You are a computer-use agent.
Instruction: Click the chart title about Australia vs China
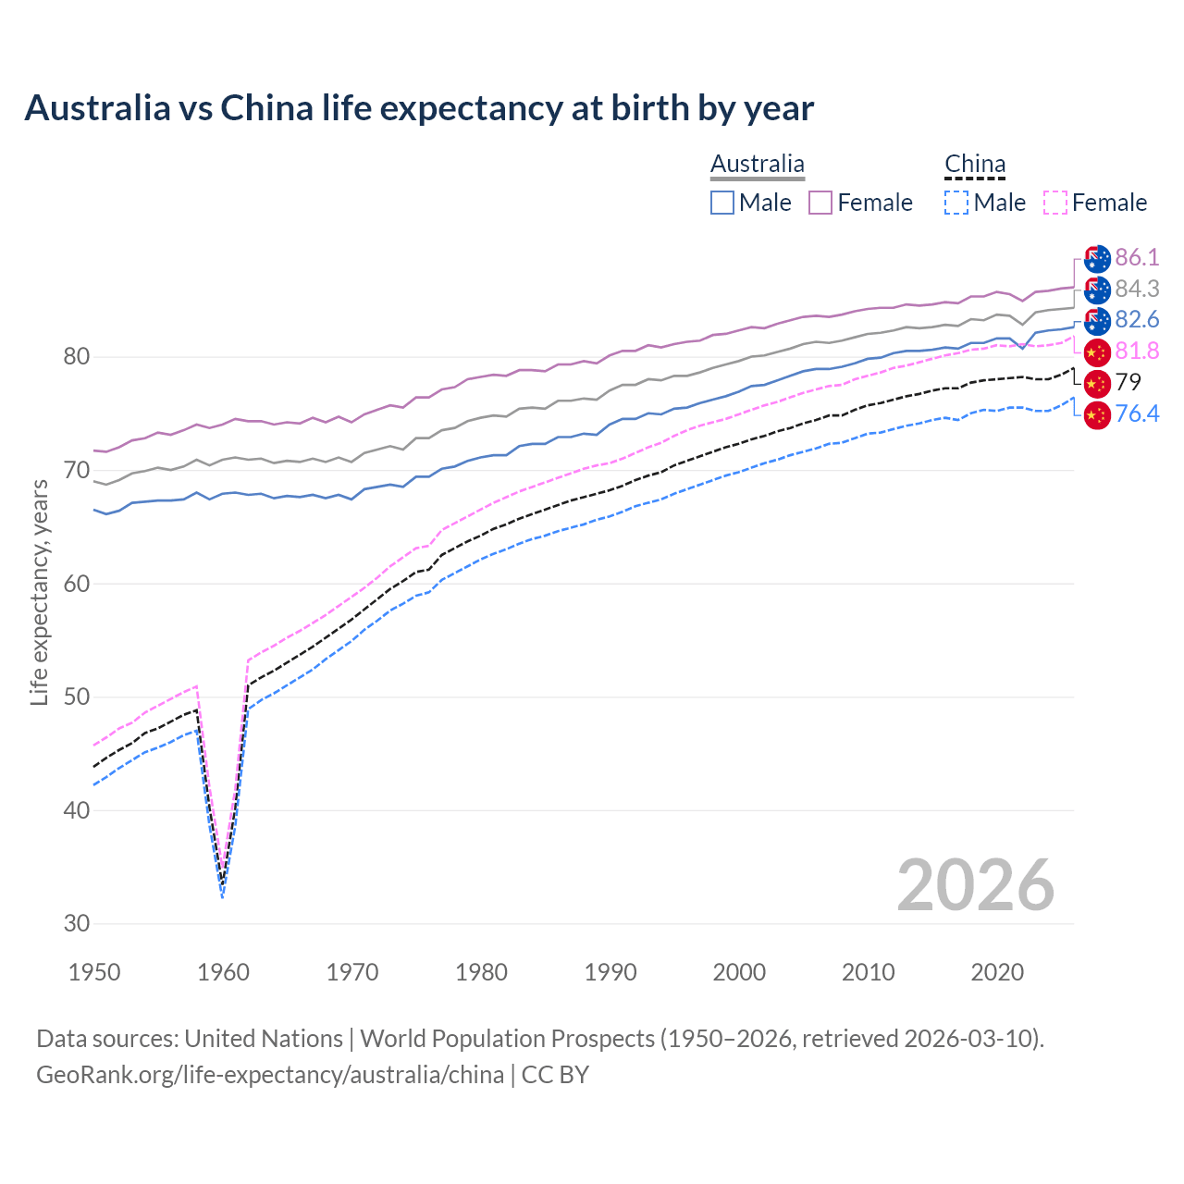point(419,108)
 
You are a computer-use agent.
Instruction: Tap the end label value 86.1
point(1137,257)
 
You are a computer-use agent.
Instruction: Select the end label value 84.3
point(1137,289)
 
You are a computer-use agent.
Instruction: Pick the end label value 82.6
point(1137,319)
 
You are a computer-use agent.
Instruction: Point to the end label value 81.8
point(1137,351)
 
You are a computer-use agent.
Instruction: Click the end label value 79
point(1128,382)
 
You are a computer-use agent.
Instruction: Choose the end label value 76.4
point(1137,413)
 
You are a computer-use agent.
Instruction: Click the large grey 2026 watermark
point(975,885)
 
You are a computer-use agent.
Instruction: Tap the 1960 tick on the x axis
point(224,972)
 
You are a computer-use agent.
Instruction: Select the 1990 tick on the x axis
point(610,972)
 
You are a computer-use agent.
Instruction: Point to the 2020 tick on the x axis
point(997,972)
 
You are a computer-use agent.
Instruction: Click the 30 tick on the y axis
point(77,923)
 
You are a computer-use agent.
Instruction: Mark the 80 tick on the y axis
point(77,357)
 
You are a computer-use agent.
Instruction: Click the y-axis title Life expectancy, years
point(40,592)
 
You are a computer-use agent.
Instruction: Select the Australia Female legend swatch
point(820,203)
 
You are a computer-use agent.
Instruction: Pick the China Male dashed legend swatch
point(956,203)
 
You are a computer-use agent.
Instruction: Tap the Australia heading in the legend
point(758,165)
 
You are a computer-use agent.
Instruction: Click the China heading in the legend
point(975,165)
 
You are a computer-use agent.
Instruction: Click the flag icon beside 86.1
point(1097,258)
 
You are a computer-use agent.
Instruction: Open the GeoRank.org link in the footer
point(270,1075)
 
